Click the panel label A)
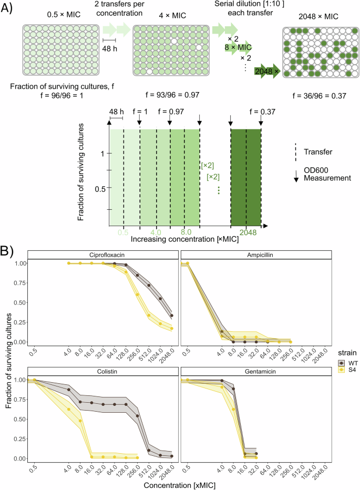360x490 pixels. [9, 9]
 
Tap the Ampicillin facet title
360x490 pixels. [256, 254]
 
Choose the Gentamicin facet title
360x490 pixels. [256, 371]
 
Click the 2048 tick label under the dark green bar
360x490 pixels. [246, 231]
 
